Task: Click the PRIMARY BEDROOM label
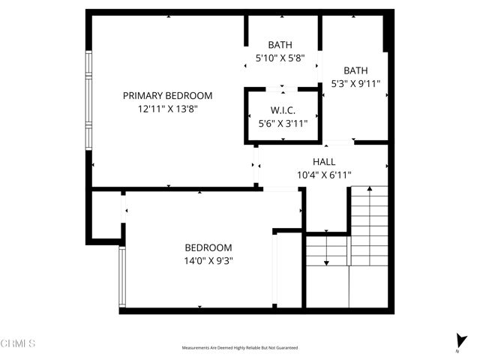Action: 167,96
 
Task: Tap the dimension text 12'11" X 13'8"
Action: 167,109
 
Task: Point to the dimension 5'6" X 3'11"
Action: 283,124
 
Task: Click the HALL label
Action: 324,162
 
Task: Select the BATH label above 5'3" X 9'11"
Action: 355,71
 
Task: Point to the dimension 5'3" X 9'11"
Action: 355,84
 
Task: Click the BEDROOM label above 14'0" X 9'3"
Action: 208,247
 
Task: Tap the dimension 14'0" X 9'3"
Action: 208,260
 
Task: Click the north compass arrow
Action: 459,339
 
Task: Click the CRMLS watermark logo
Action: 18,343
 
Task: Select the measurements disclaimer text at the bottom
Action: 240,348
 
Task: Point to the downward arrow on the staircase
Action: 327,262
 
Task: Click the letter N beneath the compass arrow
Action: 458,351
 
